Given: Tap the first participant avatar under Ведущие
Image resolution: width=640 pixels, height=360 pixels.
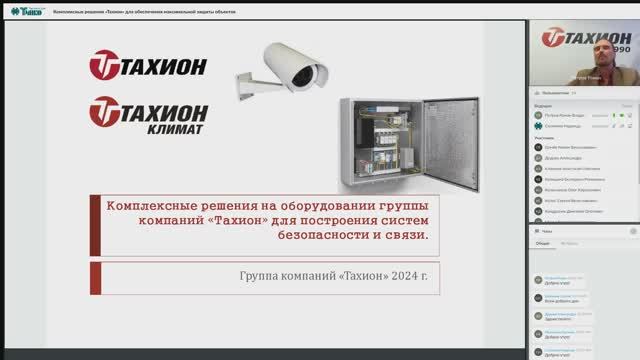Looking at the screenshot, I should pyautogui.click(x=538, y=115).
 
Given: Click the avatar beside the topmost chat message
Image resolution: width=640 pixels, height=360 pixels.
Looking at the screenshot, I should pyautogui.click(x=538, y=279).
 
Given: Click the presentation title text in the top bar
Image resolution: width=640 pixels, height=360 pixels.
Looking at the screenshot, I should pyautogui.click(x=150, y=9).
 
